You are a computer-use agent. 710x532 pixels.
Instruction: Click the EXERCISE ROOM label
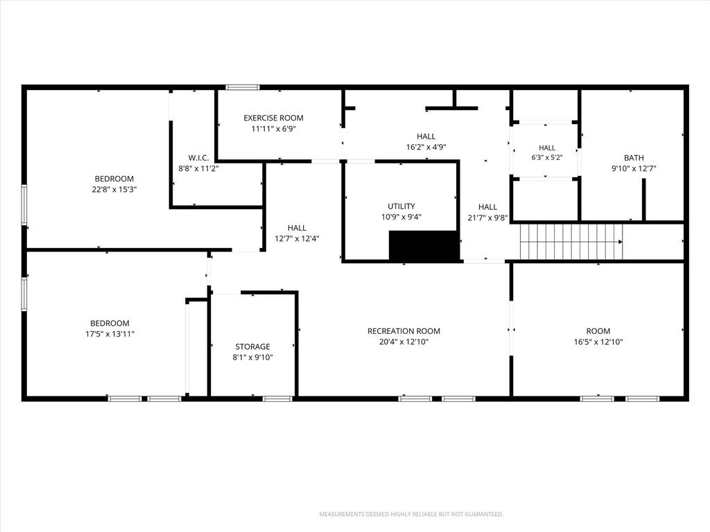coord(273,118)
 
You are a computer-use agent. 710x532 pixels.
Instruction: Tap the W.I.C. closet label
coord(198,158)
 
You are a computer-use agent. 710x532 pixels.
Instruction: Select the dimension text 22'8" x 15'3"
coord(114,190)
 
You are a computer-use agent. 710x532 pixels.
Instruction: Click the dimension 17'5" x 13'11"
coord(110,335)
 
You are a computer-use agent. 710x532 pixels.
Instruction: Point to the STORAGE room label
coord(252,347)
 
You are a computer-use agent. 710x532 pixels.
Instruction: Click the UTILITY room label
coord(401,206)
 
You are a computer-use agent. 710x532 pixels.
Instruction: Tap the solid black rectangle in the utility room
coord(424,246)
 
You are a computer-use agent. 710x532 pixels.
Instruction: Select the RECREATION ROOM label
coord(404,331)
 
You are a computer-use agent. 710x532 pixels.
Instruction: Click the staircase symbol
coord(571,242)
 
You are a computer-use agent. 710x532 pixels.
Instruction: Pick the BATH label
coord(634,158)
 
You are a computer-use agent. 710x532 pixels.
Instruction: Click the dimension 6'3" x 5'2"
coord(547,158)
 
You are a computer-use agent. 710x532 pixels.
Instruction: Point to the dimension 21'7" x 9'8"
coord(487,218)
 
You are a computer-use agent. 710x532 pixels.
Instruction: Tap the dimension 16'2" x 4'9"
coord(426,147)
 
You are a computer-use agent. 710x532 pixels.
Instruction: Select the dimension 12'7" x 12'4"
coord(297,239)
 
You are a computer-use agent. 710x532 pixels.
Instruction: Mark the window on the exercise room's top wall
coord(243,87)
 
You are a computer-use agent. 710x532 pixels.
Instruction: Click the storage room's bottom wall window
coord(277,398)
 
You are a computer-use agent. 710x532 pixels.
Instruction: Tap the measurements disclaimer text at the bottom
coord(411,515)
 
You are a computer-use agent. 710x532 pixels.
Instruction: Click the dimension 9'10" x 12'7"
coord(634,169)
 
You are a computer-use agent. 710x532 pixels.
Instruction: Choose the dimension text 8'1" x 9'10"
coord(252,357)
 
